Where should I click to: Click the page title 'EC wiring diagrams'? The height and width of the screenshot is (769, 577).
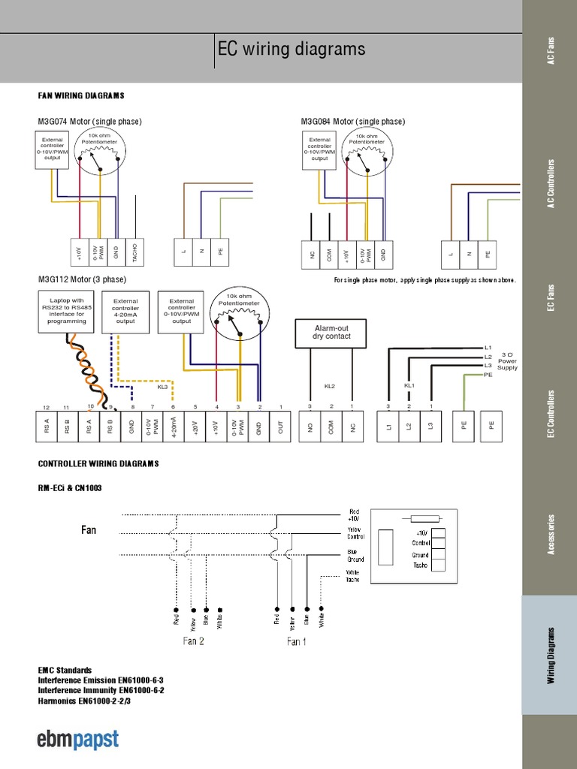(x=291, y=50)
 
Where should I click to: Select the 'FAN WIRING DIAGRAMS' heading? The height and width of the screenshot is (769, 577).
(x=81, y=96)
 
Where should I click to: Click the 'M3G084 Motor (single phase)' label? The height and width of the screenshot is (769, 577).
(x=352, y=122)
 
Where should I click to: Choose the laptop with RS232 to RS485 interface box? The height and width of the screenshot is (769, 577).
(x=68, y=310)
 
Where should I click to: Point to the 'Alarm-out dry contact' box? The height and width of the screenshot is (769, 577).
(x=331, y=333)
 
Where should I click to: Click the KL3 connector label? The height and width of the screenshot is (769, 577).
(x=162, y=388)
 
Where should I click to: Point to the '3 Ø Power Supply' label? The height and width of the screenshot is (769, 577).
(x=507, y=361)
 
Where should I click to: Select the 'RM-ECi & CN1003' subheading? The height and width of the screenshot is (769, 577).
(x=70, y=488)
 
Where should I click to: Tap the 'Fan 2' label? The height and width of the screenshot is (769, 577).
(x=194, y=641)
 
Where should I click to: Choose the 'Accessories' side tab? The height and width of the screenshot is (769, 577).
(x=548, y=535)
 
